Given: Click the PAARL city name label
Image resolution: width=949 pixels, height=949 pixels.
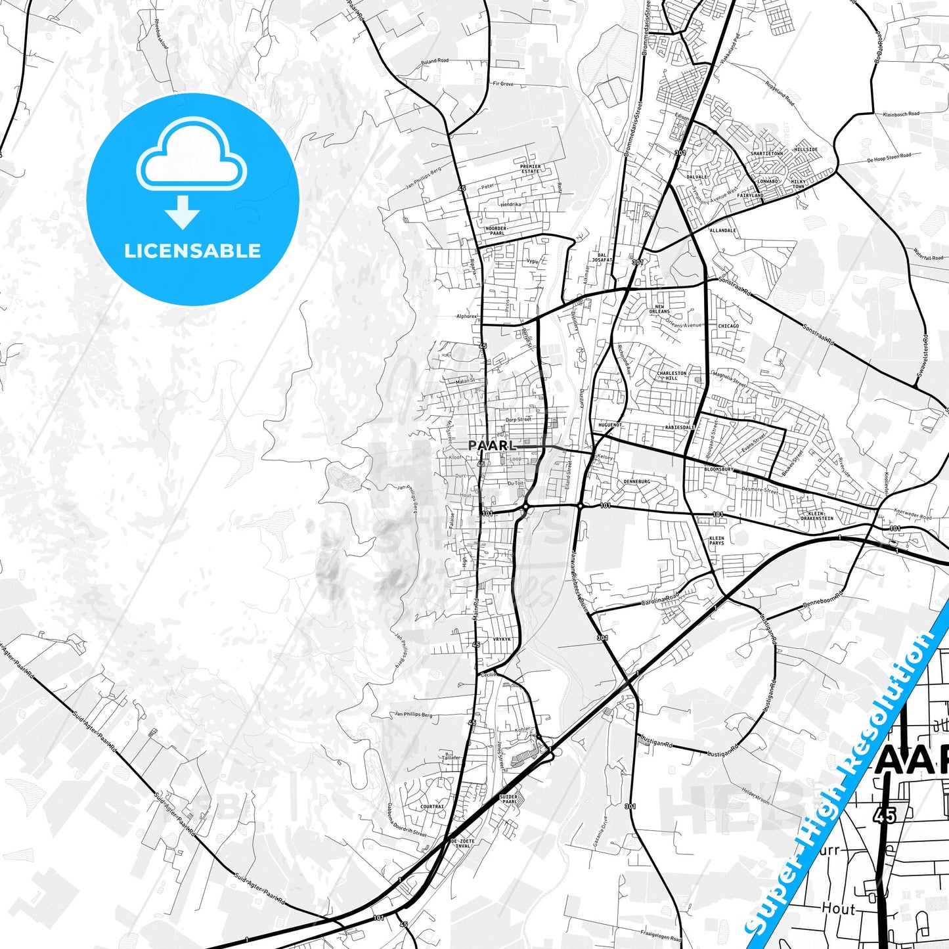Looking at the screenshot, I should tap(491, 445).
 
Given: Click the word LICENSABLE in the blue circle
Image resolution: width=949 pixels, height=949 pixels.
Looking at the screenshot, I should tap(192, 251).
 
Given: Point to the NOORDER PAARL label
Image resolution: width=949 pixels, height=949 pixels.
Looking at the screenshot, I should tap(497, 231).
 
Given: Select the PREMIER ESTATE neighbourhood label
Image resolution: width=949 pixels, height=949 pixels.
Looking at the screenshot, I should tap(530, 169).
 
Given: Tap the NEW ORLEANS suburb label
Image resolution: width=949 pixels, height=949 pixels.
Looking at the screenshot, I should tap(659, 309).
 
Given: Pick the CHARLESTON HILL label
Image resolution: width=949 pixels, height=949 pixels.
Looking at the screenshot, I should tap(672, 376).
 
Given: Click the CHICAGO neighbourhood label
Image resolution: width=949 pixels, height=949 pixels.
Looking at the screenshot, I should tap(728, 326).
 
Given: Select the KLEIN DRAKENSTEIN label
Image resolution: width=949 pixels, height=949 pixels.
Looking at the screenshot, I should tap(817, 516).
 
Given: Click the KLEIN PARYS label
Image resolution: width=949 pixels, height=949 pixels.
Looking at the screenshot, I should tap(717, 541).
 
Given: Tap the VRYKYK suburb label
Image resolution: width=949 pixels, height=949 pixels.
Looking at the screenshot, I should tap(502, 639).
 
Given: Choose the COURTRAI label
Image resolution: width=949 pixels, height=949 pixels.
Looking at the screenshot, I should tap(432, 806).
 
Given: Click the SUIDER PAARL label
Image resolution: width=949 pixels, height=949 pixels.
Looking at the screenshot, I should tap(510, 799).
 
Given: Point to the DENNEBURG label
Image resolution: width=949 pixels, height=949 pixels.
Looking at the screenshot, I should tap(636, 481).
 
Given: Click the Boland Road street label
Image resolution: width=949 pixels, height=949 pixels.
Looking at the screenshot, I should tap(435, 61).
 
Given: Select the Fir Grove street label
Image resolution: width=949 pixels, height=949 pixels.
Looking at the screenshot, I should tap(503, 84).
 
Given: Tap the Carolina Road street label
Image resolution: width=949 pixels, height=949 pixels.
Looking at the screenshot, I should tap(660, 601).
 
